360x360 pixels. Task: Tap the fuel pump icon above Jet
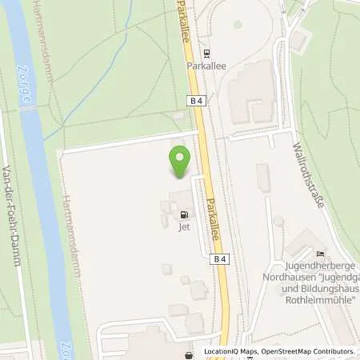[x=185, y=214]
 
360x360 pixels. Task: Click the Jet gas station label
[x=184, y=226]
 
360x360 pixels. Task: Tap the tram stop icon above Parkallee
[x=207, y=54]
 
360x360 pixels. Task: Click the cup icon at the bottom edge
[x=189, y=355]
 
